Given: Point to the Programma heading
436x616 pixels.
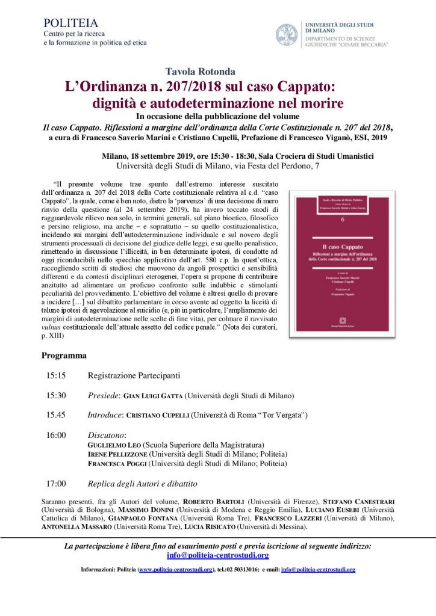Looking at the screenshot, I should [x=64, y=356].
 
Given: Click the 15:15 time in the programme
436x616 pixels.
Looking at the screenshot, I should [x=56, y=376].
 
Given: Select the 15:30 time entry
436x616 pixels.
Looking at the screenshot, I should [x=56, y=396].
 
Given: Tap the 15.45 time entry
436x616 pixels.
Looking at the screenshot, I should [x=56, y=415].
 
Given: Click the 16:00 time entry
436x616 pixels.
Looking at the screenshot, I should [x=56, y=434].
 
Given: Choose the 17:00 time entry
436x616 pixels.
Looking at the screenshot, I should [x=56, y=483].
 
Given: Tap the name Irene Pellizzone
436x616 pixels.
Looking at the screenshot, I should [x=118, y=454].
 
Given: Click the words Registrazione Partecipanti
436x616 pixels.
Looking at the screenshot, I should [x=134, y=376].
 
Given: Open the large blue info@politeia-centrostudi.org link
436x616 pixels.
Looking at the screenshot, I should [x=217, y=555].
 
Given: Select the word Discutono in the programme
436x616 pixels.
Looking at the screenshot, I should [x=107, y=434].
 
